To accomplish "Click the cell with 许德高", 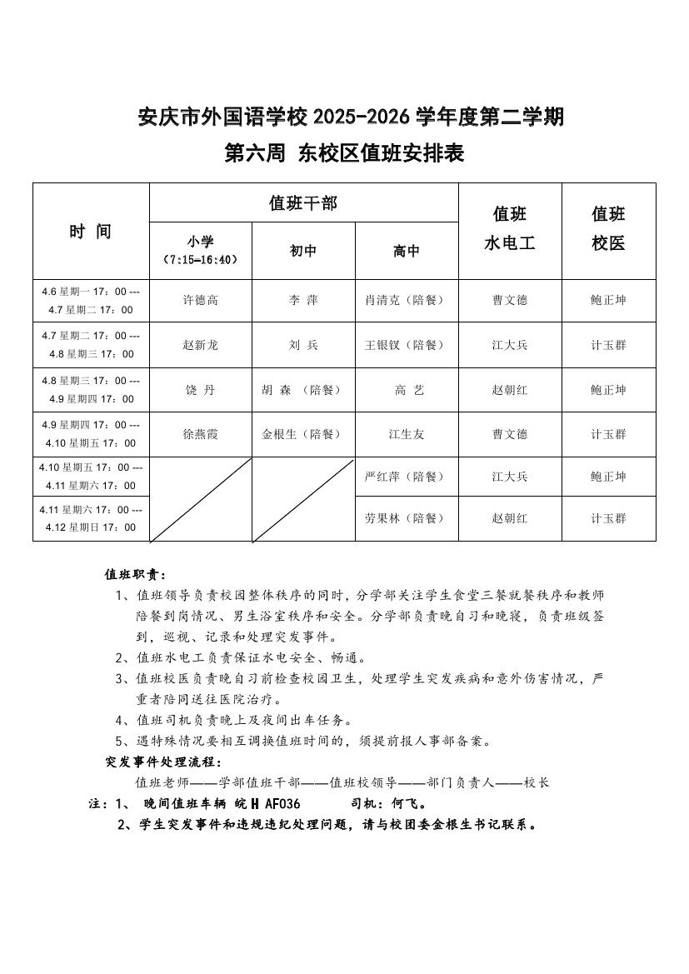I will click(201, 300).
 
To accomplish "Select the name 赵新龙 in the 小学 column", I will click(201, 345).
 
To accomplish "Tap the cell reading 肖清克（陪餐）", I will click(406, 300).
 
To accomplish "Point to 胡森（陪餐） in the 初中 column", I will click(302, 390).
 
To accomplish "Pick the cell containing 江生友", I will click(406, 434).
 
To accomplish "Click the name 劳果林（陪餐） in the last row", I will click(406, 518).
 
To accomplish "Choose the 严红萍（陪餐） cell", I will click(406, 477).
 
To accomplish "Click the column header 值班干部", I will click(303, 202).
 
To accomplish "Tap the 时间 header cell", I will click(90, 232).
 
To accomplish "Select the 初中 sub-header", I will click(302, 251).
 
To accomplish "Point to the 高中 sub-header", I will click(406, 251).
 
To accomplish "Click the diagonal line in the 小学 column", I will click(201, 499).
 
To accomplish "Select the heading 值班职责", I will click(135, 575).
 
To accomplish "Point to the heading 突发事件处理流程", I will click(163, 762).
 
